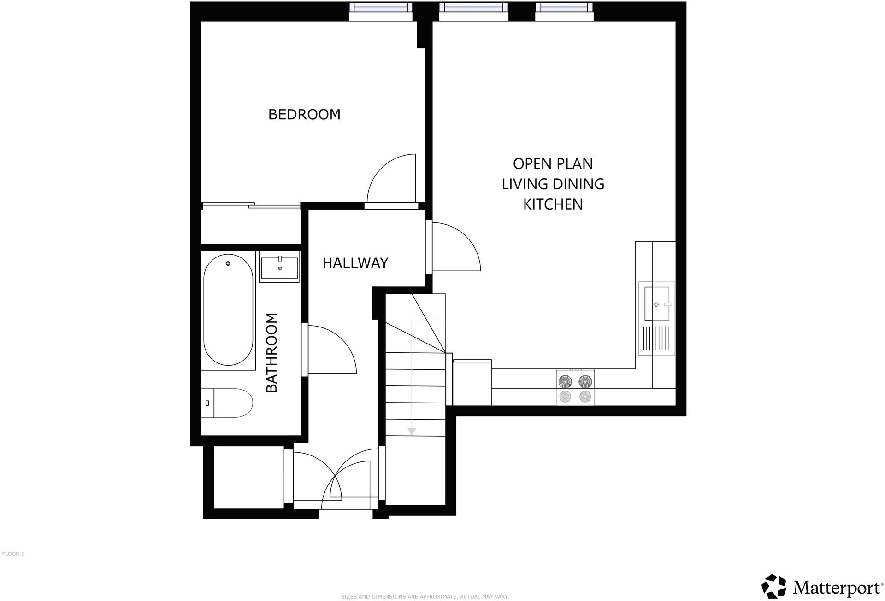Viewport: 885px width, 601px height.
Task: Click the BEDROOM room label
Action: click(304, 114)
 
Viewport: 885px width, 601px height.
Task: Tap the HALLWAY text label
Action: click(355, 263)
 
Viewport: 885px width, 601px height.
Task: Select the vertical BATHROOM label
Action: click(272, 353)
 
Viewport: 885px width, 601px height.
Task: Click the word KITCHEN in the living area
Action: click(553, 204)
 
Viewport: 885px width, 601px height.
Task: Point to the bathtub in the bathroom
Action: click(228, 310)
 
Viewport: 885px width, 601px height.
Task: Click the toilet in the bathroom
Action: click(228, 403)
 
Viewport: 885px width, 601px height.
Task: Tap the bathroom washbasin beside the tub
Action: click(279, 268)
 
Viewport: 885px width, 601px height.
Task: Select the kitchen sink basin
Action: click(656, 303)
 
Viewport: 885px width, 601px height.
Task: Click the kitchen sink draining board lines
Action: click(656, 339)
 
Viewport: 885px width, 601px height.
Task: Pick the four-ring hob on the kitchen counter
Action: click(575, 388)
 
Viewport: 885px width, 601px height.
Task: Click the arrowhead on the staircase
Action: click(412, 432)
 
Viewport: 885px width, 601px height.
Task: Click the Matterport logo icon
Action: click(773, 586)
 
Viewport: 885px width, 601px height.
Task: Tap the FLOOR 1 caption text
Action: click(13, 554)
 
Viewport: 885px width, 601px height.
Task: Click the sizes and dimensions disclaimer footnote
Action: click(425, 596)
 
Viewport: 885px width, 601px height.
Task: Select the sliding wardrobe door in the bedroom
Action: click(251, 205)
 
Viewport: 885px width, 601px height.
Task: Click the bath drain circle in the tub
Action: click(228, 263)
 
